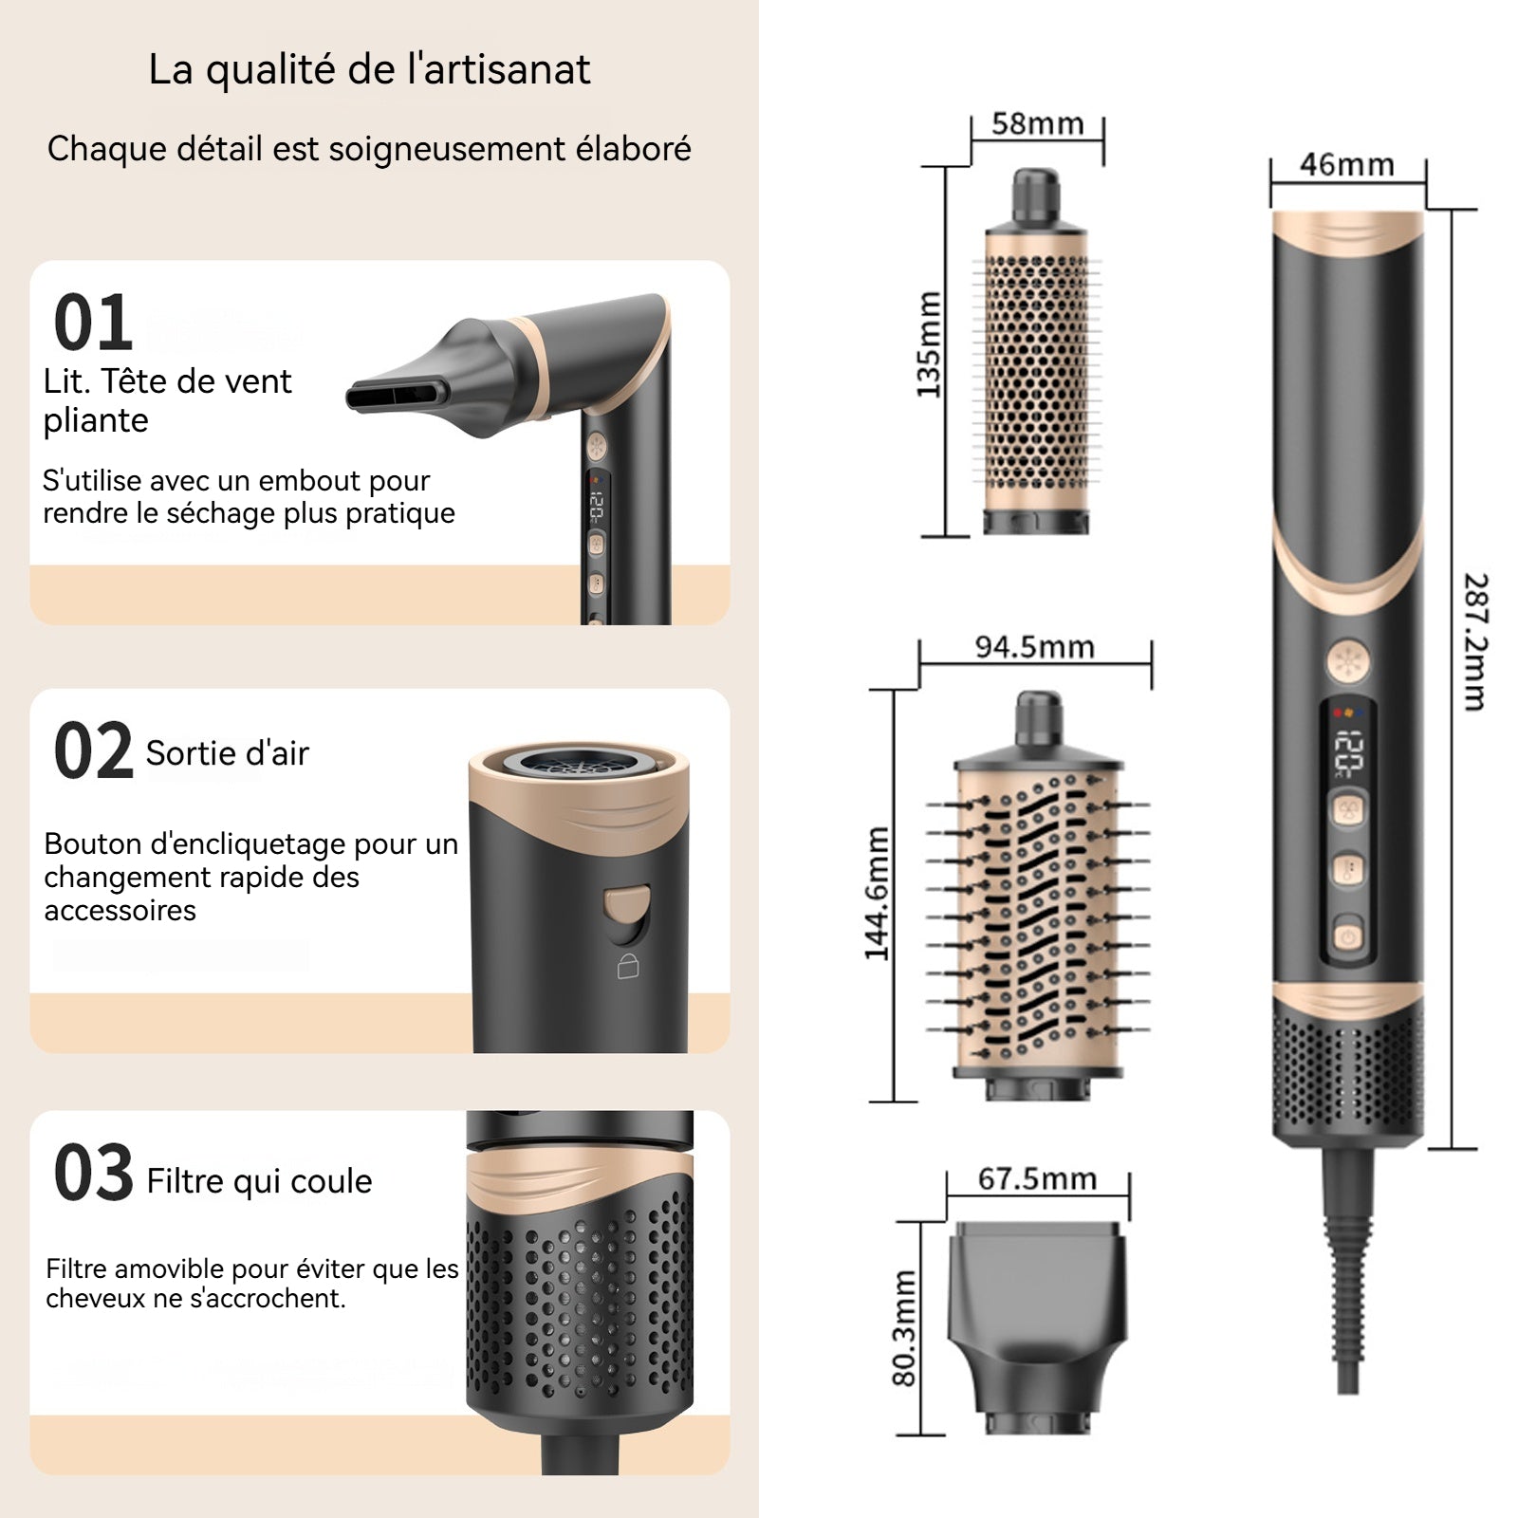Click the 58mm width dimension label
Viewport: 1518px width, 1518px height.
click(x=1037, y=123)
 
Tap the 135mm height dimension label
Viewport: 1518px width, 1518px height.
click(x=929, y=343)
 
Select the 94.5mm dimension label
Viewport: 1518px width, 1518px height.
click(x=1034, y=647)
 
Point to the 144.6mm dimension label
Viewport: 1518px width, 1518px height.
click(x=878, y=894)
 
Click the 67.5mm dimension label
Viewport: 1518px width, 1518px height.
click(x=1037, y=1178)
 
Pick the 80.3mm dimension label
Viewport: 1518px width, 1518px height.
click(x=904, y=1326)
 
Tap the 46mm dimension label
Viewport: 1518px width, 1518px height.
click(x=1346, y=164)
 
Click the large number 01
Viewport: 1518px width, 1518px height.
click(x=92, y=323)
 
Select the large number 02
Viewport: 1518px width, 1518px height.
click(x=93, y=750)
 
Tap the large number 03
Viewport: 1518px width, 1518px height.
click(x=93, y=1173)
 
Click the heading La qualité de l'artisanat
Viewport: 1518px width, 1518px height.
click(x=369, y=69)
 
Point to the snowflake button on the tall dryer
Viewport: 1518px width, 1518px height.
click(x=1348, y=661)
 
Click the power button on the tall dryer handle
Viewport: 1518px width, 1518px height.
click(x=1348, y=936)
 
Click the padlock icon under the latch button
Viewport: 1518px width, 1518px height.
click(x=628, y=966)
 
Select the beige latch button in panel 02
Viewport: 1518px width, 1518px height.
click(x=627, y=904)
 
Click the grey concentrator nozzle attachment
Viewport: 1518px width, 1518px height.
click(x=1037, y=1327)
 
